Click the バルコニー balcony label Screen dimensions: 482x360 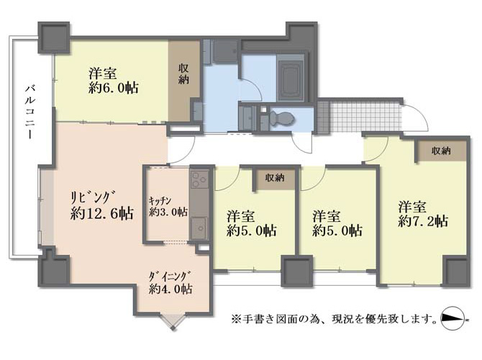coord(29,112)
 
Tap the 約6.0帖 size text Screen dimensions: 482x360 coord(114,89)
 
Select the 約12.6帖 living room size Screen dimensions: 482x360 coord(101,213)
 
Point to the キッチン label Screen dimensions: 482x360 coord(160,201)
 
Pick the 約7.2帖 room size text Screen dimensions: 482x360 coord(423,221)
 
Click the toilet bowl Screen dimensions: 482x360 coord(282,118)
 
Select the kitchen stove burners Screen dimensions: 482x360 coord(199,180)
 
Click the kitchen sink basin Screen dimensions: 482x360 coord(199,228)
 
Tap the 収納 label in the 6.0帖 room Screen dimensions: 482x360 coord(184,74)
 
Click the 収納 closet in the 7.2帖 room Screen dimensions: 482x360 coord(440,150)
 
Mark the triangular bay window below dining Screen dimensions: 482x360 coord(173,322)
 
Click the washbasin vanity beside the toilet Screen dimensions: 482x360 coord(247,119)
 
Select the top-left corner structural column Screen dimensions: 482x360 coord(53,37)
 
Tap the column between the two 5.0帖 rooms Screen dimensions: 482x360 coord(298,272)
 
